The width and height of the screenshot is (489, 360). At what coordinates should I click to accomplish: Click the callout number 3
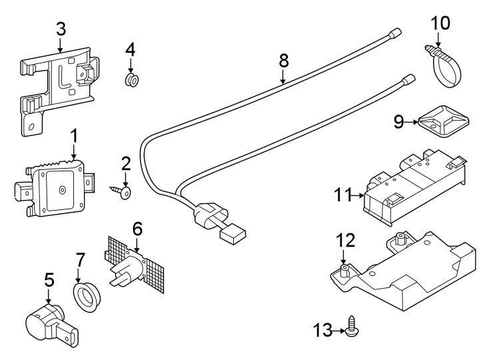[x=61, y=29]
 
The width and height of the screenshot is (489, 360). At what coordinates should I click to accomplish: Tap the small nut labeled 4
[x=131, y=81]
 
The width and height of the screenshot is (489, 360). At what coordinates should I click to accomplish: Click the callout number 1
[x=74, y=136]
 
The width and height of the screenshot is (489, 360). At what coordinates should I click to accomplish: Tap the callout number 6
[x=137, y=229]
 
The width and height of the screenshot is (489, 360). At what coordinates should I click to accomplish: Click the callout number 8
[x=283, y=60]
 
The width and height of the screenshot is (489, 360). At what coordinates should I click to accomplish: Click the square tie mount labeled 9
[x=442, y=121]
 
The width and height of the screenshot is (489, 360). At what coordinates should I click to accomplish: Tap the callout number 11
[x=343, y=195]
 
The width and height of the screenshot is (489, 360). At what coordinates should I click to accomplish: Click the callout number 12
[x=345, y=240]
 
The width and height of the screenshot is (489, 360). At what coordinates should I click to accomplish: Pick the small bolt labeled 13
[x=353, y=328]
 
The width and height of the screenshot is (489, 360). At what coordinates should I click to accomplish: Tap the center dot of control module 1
[x=62, y=190]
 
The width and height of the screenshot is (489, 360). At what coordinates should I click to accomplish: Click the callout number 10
[x=440, y=22]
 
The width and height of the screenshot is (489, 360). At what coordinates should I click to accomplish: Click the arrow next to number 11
[x=360, y=195]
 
